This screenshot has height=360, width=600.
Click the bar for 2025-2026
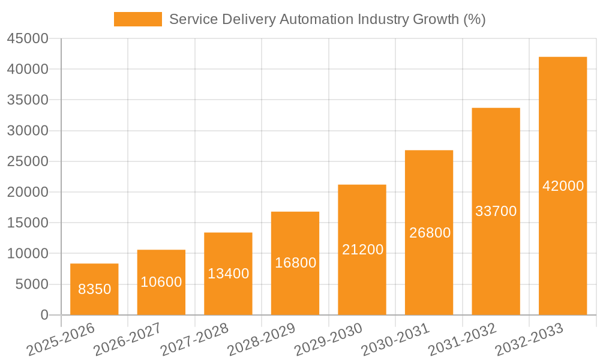[94, 289]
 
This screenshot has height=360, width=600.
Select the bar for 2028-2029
[295, 263]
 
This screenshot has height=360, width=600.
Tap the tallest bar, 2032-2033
[563, 186]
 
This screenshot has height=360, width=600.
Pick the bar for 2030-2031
[429, 232]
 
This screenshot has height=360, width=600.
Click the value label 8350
[95, 289]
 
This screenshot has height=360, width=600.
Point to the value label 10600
[161, 282]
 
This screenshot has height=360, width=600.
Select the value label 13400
[229, 274]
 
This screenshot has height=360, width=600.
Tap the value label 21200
[362, 250]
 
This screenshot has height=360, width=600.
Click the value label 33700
[496, 211]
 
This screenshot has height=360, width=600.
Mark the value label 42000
[563, 186]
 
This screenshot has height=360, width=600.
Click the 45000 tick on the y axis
[27, 38]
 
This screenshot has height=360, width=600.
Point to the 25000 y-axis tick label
[27, 161]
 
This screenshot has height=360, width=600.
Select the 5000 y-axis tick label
[31, 284]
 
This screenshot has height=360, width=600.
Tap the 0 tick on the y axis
[44, 315]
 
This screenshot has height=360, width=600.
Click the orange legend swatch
[138, 19]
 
